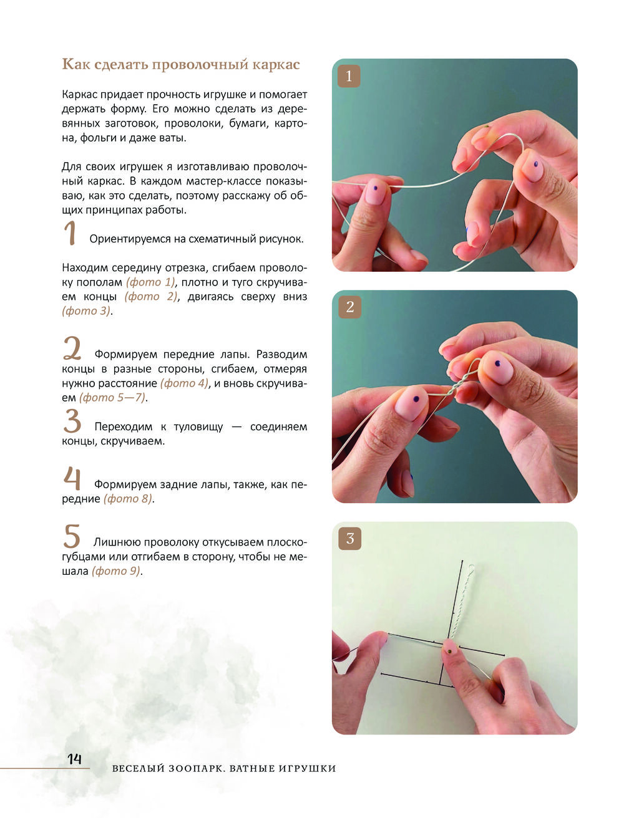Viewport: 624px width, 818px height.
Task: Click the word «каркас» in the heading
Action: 276,65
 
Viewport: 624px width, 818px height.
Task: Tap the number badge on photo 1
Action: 348,76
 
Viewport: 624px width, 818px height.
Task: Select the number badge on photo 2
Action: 349,307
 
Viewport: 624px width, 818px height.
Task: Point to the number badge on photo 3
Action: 349,539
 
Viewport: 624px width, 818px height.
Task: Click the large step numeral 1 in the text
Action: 70,233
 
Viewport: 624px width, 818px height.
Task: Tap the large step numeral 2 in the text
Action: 72,348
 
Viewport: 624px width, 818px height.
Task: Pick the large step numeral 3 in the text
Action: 72,421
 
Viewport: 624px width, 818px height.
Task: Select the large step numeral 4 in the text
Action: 72,478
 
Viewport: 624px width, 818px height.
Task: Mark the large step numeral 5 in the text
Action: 72,536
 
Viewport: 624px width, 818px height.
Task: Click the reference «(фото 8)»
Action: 128,499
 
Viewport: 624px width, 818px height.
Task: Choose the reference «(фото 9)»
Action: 116,571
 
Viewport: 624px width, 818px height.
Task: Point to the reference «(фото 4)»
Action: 185,383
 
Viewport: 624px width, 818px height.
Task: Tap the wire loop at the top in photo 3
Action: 472,569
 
